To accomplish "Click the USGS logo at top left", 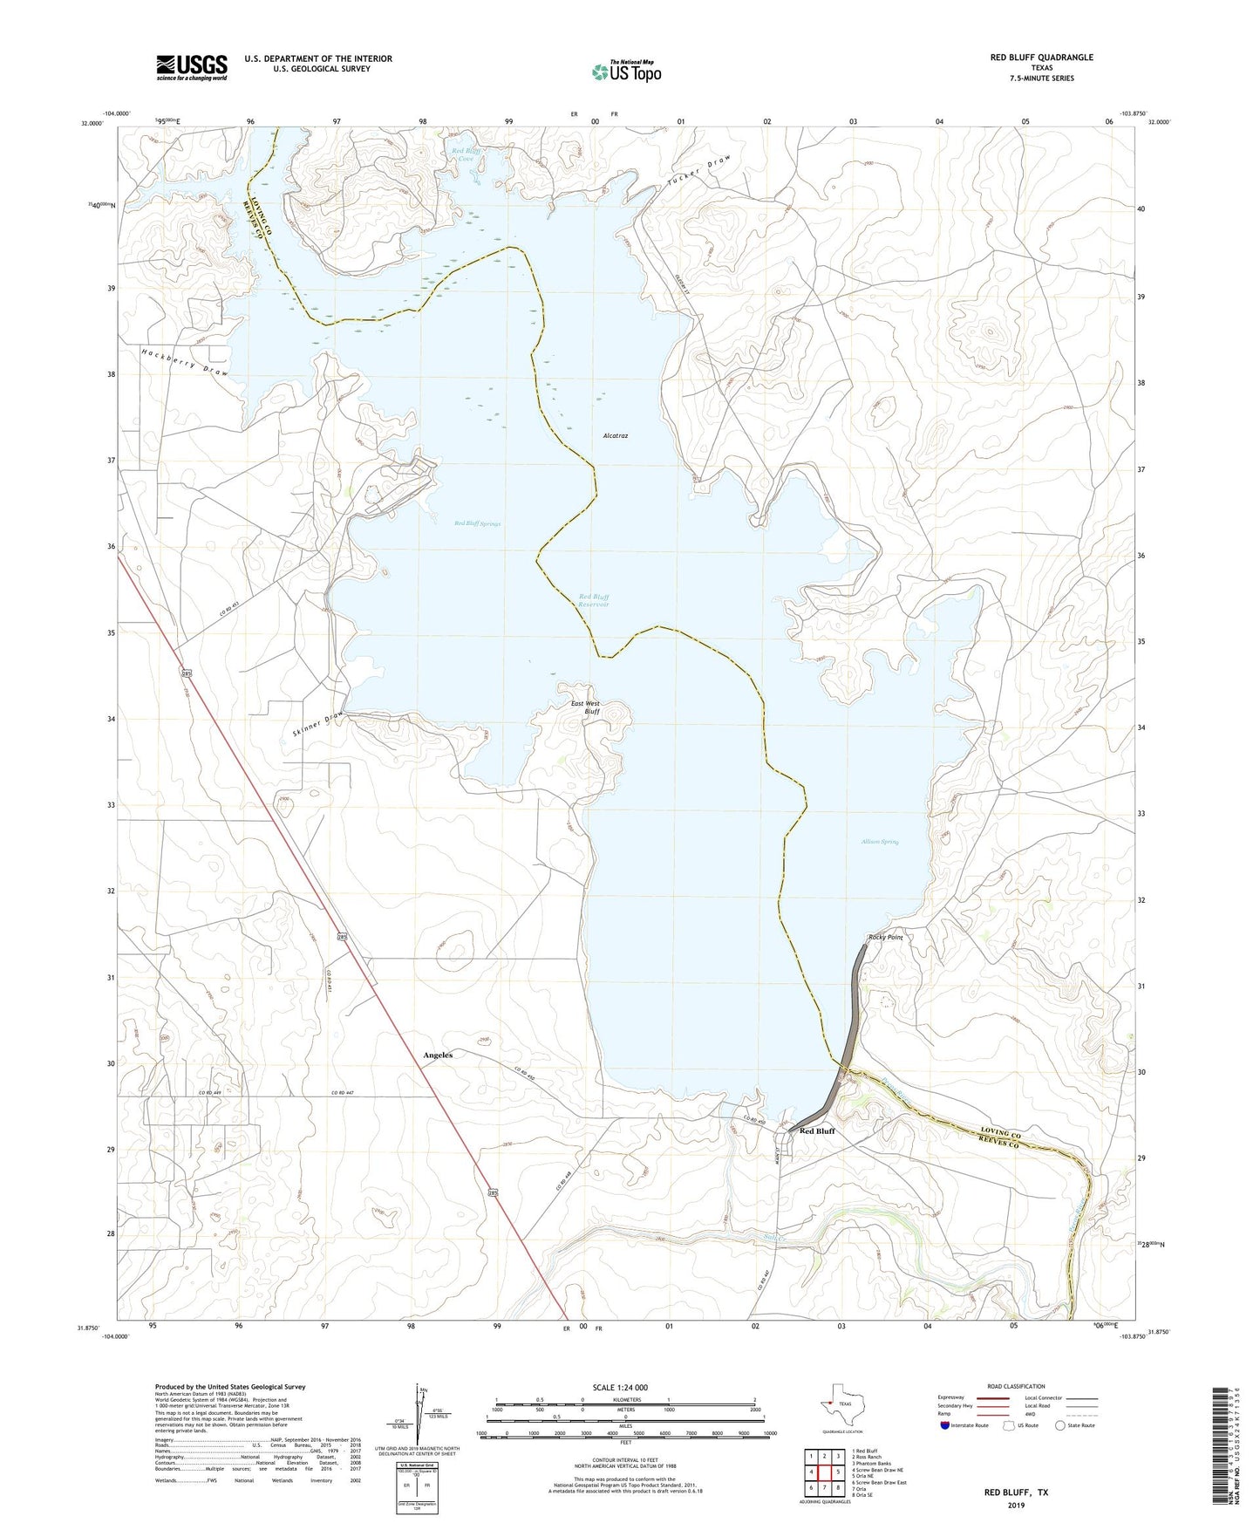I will pos(192,67).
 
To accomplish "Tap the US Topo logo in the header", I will pos(626,72).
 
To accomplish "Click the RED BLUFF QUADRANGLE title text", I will pos(1041,58).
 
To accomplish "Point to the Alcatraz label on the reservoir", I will pos(616,435).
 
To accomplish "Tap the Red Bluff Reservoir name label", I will pos(594,601).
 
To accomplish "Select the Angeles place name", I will pos(438,1055).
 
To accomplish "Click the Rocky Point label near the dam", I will pos(885,938).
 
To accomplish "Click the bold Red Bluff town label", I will pos(817,1130).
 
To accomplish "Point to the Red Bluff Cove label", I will pos(467,155).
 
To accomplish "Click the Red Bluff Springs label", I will pos(478,523).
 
